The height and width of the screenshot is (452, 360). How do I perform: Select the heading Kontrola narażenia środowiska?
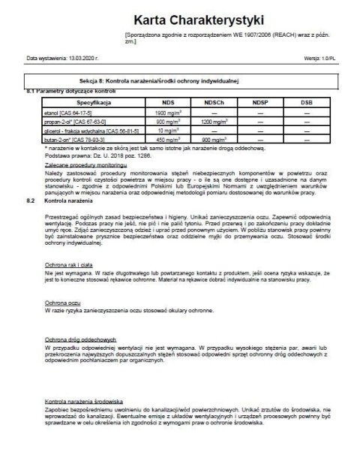click(84, 401)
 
